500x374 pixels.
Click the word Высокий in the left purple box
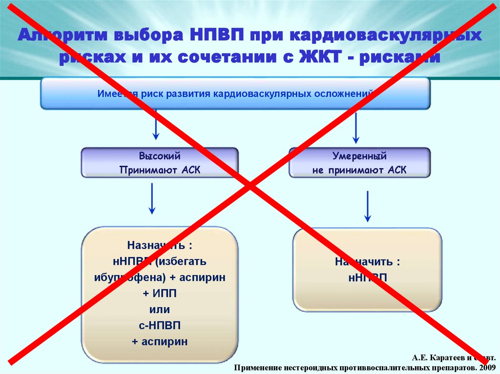point(160,157)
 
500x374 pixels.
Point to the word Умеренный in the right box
point(359,157)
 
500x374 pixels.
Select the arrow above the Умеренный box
point(356,128)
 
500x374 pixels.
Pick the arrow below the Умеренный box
point(368,206)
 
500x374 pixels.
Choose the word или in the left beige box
point(160,310)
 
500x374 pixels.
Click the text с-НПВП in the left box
point(160,325)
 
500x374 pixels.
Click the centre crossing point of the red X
point(250,186)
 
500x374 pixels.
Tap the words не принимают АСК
point(359,170)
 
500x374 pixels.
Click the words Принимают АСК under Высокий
point(160,170)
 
